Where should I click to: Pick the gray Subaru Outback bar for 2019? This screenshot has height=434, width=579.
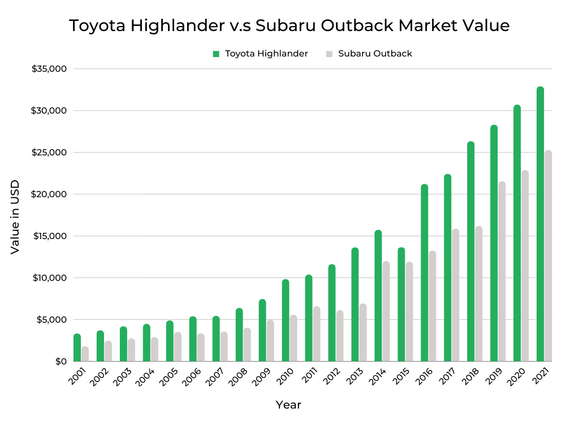502,271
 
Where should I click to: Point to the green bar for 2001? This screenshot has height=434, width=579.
77,348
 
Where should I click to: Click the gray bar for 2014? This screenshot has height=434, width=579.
386,311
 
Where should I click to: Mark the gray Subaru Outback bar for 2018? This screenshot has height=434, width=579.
478,294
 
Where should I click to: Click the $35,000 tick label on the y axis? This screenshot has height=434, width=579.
49,69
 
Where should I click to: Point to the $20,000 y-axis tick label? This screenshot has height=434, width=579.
49,194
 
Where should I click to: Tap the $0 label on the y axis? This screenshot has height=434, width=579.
61,362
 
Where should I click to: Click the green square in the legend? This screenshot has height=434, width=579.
216,54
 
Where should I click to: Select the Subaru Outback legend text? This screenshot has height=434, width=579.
375,54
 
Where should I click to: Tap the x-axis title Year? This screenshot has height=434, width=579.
288,405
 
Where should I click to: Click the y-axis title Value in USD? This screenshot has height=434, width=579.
15,217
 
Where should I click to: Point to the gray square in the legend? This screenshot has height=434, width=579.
329,54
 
